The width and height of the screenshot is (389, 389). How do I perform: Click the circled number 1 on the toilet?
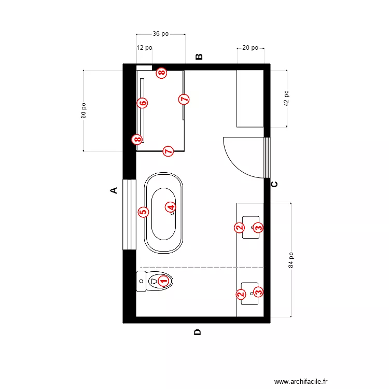pyautogui.click(x=163, y=281)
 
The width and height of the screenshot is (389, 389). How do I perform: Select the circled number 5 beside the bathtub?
pyautogui.click(x=143, y=212)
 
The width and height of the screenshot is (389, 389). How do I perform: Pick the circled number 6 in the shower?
pyautogui.click(x=143, y=103)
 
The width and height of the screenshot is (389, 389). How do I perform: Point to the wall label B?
pyautogui.click(x=199, y=57)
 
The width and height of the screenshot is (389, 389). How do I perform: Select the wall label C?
pyautogui.click(x=275, y=184)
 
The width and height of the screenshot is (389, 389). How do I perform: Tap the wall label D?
pyautogui.click(x=198, y=332)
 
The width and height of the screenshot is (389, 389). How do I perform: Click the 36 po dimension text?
pyautogui.click(x=160, y=34)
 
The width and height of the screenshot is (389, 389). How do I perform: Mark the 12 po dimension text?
pyautogui.click(x=144, y=48)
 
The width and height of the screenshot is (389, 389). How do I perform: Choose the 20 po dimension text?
pyautogui.click(x=250, y=48)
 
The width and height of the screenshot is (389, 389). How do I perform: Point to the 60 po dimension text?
pyautogui.click(x=84, y=110)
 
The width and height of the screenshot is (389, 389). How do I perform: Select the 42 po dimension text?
pyautogui.click(x=286, y=99)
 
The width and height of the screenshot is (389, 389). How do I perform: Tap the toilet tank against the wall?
pyautogui.click(x=141, y=281)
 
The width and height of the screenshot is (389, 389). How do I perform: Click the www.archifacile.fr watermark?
pyautogui.click(x=301, y=381)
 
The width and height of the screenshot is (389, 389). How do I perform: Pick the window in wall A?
pyautogui.click(x=129, y=214)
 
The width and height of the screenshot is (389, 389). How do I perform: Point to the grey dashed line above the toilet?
pyautogui.click(x=202, y=267)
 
